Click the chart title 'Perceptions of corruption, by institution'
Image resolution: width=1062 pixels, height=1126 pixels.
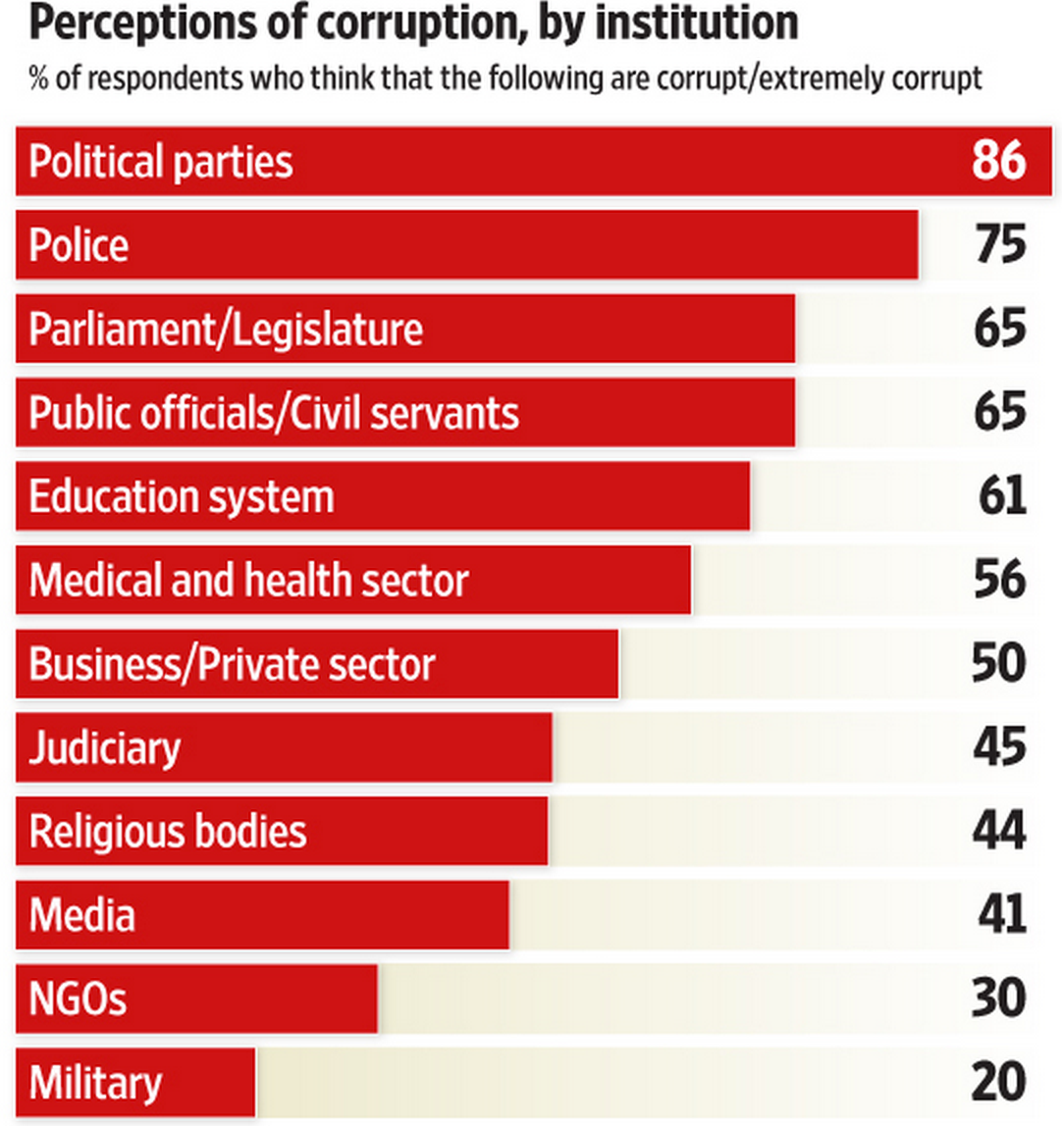[413, 24]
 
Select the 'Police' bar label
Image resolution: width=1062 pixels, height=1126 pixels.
[79, 245]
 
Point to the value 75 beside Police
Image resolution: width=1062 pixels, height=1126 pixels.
[1000, 245]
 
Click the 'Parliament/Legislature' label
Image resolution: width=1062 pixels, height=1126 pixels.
[226, 330]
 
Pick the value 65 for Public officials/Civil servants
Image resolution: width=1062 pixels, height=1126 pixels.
[1000, 413]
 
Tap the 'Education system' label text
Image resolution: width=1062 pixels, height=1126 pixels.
[182, 497]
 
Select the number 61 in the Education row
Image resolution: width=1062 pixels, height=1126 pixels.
[1002, 497]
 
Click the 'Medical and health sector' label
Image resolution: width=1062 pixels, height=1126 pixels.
[248, 581]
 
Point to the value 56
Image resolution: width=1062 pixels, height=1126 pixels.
[1000, 581]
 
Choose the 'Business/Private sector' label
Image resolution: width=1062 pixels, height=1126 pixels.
[232, 665]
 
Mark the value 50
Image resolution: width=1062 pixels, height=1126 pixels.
[1000, 665]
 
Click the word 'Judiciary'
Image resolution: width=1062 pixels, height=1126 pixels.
[105, 749]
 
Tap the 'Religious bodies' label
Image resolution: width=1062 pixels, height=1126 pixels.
[168, 833]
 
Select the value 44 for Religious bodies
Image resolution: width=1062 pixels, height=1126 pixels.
[1000, 833]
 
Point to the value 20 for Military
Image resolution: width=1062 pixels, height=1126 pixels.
[1000, 1084]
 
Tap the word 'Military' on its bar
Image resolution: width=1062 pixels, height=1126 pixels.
[95, 1084]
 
